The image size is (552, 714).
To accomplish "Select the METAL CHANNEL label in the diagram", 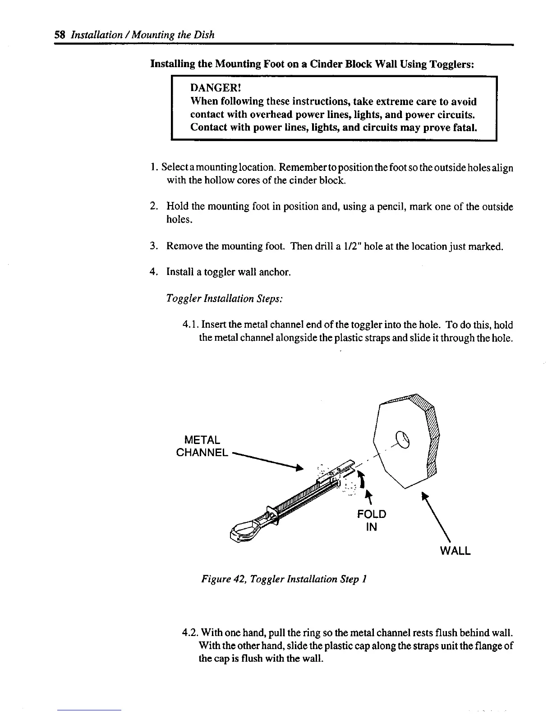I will point(202,446).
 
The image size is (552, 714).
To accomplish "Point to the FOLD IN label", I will point(371,520).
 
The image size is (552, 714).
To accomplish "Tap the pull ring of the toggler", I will point(245,529).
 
